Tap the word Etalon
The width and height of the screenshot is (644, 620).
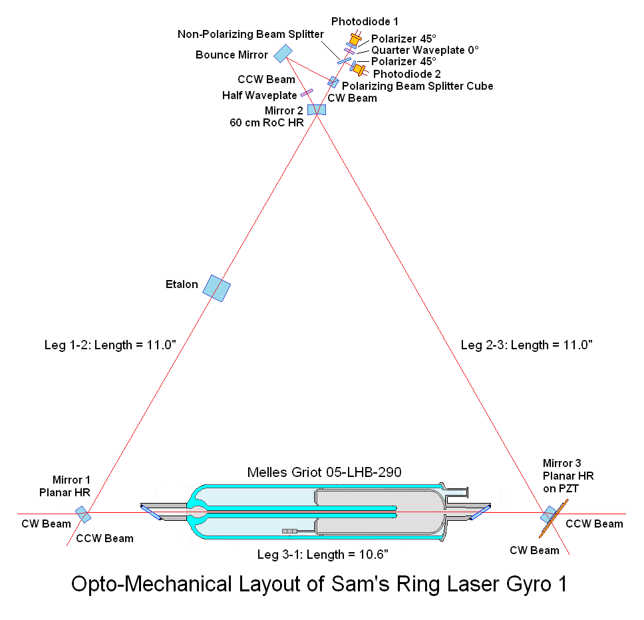click(x=182, y=285)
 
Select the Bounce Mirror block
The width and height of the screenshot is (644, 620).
click(x=283, y=53)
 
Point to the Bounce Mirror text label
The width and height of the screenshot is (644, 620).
click(x=232, y=55)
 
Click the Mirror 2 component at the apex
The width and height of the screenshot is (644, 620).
click(x=317, y=109)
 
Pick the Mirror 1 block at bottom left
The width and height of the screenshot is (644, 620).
click(x=83, y=514)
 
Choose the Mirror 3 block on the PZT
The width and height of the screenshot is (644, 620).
click(x=548, y=514)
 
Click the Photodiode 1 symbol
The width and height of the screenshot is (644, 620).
click(x=355, y=41)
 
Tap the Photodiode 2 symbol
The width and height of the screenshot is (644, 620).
click(x=360, y=69)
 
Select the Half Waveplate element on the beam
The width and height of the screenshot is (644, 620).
click(x=307, y=93)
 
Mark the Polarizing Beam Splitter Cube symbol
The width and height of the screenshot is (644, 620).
click(x=333, y=82)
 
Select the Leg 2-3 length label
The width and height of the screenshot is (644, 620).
click(x=526, y=345)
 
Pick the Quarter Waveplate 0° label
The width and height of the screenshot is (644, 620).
click(x=424, y=50)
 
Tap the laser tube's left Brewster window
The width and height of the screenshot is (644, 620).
click(x=150, y=511)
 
